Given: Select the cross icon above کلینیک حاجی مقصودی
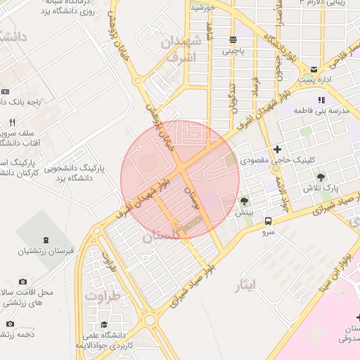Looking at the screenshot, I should click(x=278, y=149).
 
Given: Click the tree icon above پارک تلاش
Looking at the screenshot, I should click(x=321, y=177).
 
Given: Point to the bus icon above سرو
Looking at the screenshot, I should click(x=268, y=220).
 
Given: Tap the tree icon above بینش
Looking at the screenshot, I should click(x=245, y=201).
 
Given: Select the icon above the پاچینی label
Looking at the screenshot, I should click(x=233, y=39).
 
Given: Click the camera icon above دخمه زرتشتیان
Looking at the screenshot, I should click(x=10, y=323).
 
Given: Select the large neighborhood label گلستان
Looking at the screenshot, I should click(x=162, y=239).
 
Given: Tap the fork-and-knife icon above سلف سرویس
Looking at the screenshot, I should click(x=11, y=122).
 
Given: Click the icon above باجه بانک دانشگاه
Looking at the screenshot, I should click(x=6, y=91).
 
